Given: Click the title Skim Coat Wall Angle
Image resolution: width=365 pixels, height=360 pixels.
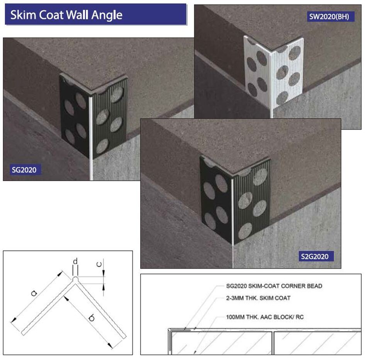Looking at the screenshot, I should click(x=66, y=15).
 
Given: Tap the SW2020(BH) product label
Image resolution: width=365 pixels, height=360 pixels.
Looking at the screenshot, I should click(x=331, y=17).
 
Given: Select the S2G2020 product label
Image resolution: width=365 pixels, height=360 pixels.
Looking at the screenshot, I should click(x=316, y=256).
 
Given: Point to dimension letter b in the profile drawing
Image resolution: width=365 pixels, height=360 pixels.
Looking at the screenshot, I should click(x=92, y=318).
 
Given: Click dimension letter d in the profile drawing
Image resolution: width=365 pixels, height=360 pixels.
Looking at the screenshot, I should click(x=76, y=262).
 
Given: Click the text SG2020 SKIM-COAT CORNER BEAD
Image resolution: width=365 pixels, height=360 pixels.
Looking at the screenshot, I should click(x=274, y=286).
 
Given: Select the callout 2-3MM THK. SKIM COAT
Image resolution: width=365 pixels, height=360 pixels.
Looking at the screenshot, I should click(x=258, y=298).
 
